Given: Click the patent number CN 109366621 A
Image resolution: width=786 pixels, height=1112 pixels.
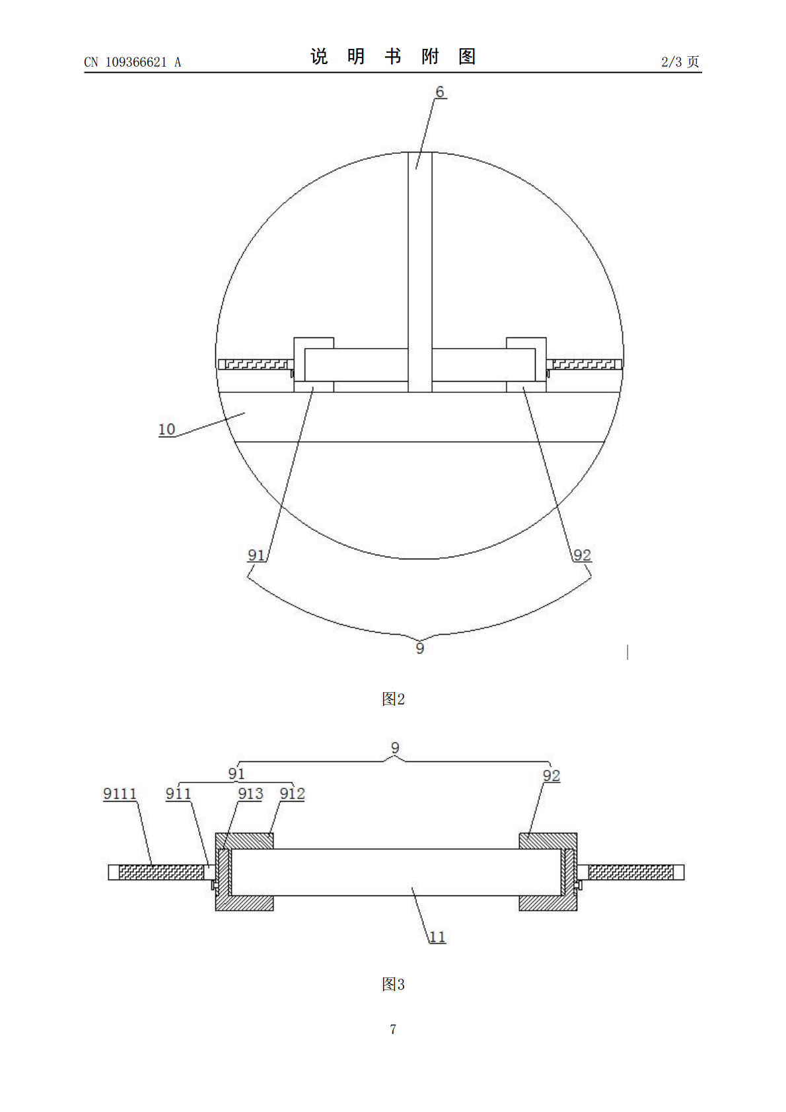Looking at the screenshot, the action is pyautogui.click(x=133, y=62).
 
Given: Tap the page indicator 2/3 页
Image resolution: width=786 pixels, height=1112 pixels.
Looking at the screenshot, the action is pyautogui.click(x=680, y=61).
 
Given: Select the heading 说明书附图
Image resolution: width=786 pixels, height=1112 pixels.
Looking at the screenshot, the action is pyautogui.click(x=393, y=57).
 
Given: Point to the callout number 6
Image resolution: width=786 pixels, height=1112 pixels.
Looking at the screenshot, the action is pyautogui.click(x=439, y=92).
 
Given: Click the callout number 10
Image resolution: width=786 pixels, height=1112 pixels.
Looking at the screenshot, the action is pyautogui.click(x=167, y=429).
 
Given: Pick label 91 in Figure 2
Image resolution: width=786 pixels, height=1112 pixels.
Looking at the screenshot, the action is pyautogui.click(x=256, y=555).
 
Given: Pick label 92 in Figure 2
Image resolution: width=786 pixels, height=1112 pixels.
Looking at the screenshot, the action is pyautogui.click(x=582, y=555).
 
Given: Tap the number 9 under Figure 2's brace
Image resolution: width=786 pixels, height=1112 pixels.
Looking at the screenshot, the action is pyautogui.click(x=420, y=648).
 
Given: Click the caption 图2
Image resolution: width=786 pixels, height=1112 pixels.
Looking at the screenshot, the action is pyautogui.click(x=393, y=699).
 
